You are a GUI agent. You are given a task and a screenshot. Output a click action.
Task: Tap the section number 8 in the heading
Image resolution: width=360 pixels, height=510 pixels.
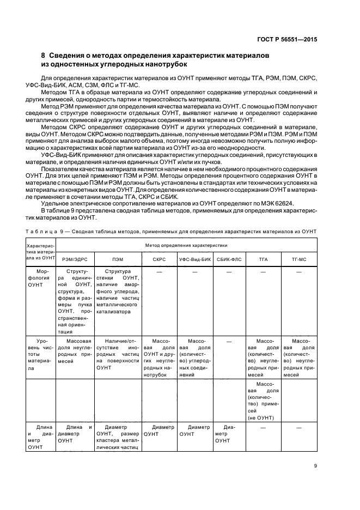pos(44,56)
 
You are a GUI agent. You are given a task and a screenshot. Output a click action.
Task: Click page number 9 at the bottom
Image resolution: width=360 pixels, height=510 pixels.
pos(315,465)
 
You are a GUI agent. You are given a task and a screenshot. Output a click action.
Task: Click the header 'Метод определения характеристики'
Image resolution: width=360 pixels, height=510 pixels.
pos(186,246)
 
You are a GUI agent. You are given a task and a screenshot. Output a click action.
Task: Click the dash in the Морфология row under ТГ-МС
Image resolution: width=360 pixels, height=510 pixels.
pos(298,271)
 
